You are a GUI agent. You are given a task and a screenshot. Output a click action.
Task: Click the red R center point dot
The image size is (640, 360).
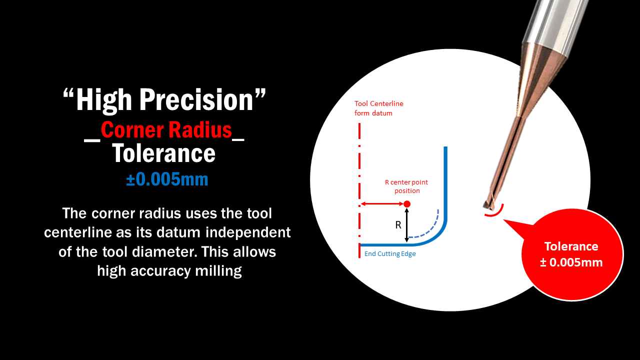[x=407, y=203]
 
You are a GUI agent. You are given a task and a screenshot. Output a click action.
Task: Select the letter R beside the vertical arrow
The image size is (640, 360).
[x=398, y=225]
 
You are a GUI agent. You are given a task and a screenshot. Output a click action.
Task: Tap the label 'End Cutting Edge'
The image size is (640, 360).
[x=390, y=253]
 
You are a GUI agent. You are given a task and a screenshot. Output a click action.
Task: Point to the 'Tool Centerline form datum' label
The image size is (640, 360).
[x=379, y=108]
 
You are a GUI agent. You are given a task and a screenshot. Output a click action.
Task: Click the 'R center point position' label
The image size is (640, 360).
[x=406, y=186]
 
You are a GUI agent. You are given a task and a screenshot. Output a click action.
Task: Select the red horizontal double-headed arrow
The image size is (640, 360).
[x=382, y=203]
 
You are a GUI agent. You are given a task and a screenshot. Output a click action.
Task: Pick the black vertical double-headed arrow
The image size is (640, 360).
[x=407, y=225]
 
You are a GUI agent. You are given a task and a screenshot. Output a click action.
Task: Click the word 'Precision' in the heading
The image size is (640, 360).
[x=196, y=99]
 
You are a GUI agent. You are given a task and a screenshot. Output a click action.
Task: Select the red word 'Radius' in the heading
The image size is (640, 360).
[x=200, y=130]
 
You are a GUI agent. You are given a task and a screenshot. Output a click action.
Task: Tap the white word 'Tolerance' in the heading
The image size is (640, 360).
[x=163, y=153]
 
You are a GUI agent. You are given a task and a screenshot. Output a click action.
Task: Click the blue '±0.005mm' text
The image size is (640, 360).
[x=167, y=179]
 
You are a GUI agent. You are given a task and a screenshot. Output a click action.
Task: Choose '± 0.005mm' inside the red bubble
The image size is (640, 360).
[x=571, y=262]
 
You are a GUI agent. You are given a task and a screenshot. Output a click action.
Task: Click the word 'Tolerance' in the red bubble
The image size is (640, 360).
[x=571, y=246]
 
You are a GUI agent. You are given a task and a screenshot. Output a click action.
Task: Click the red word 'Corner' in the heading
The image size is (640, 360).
[x=132, y=130]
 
